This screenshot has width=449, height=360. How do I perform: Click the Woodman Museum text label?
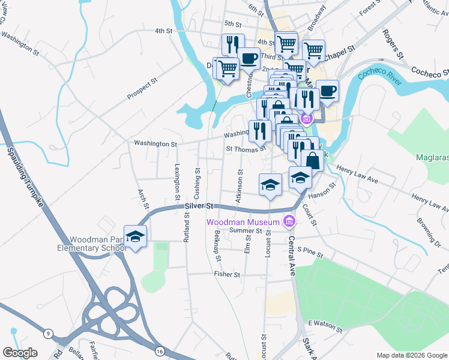coord(244,221)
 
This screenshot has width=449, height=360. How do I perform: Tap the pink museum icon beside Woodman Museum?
coord(290,222)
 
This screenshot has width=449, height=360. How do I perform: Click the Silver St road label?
coord(199,206)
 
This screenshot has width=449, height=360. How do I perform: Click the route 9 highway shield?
coord(47,332)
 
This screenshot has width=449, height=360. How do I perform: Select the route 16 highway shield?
coord(158,350)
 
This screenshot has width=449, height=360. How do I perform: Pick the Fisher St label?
coord(227,274)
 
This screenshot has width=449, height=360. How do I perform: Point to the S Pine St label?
coord(310,252)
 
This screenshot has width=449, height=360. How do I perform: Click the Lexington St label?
coord(177,181)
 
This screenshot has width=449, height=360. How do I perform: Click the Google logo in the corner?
coord(20,352)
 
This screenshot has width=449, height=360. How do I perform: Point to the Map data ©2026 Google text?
coord(411,355)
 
